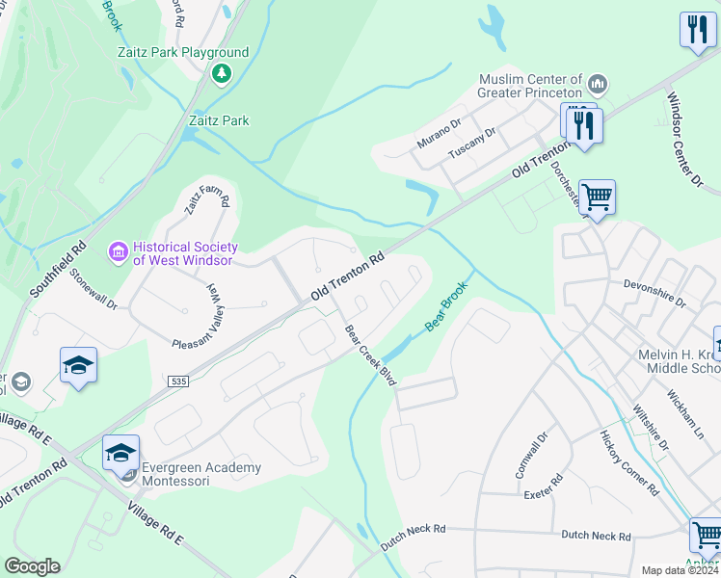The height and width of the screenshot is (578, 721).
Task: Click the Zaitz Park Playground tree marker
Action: click(x=222, y=73)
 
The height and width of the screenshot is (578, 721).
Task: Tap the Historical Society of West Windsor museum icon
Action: click(x=119, y=252)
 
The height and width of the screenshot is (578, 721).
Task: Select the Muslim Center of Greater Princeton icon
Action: click(x=598, y=85)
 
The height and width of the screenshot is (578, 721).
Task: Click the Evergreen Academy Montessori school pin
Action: click(x=121, y=454)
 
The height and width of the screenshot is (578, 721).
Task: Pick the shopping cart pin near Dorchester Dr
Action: click(x=598, y=197)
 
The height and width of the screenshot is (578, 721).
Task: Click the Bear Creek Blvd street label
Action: click(x=371, y=355)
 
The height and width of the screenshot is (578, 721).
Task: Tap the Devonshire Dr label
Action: click(x=654, y=293)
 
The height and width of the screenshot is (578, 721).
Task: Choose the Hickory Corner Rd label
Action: click(x=628, y=462)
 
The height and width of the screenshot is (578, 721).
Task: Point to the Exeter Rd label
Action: click(x=543, y=493)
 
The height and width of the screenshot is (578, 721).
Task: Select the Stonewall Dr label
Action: click(x=93, y=289)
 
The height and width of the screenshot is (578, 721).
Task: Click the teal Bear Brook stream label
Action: click(x=446, y=307)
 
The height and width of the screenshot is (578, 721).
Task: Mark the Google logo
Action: click(x=33, y=566)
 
